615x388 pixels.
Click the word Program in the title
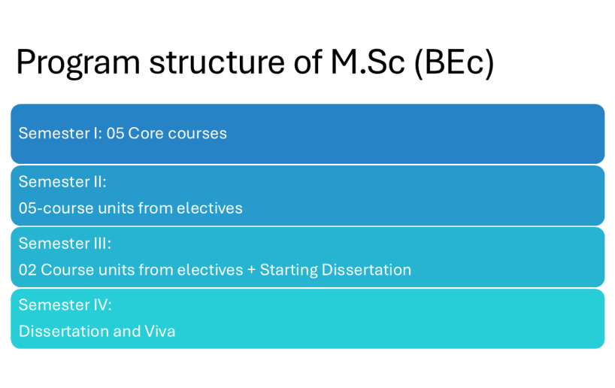coord(78,62)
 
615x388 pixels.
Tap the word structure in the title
coord(217,62)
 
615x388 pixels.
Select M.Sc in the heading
coord(368,62)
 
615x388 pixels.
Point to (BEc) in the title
coord(454,62)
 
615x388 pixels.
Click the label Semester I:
coord(60,133)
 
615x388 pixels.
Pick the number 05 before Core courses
coord(115,133)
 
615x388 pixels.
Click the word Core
coord(146,133)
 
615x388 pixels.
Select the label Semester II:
coord(62,182)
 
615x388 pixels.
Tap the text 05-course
coord(56,208)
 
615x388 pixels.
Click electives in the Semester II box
coord(210,208)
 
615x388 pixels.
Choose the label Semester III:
coord(65,244)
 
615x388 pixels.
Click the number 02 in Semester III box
coord(28,270)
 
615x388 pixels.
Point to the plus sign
coord(251,270)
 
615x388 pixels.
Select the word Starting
coord(288,270)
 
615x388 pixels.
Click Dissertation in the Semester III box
coord(366,270)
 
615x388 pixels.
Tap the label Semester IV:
coord(65,305)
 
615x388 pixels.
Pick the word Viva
coord(160,332)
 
